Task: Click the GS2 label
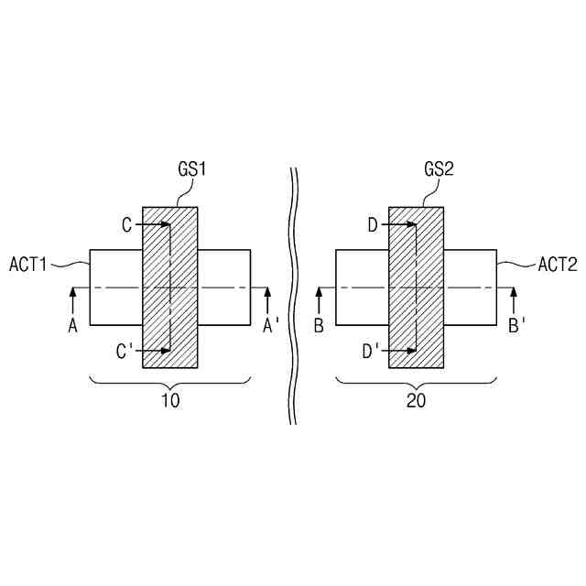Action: [439, 171]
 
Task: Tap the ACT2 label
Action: [557, 264]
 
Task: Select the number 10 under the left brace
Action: [170, 401]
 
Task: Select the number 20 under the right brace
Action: [417, 401]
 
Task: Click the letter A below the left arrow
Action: [72, 325]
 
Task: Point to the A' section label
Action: [271, 325]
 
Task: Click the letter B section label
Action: [319, 325]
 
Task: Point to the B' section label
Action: [516, 325]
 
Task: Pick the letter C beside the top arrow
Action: [127, 224]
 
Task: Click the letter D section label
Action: [373, 224]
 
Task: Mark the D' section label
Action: [371, 349]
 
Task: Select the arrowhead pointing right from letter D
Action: [410, 224]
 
